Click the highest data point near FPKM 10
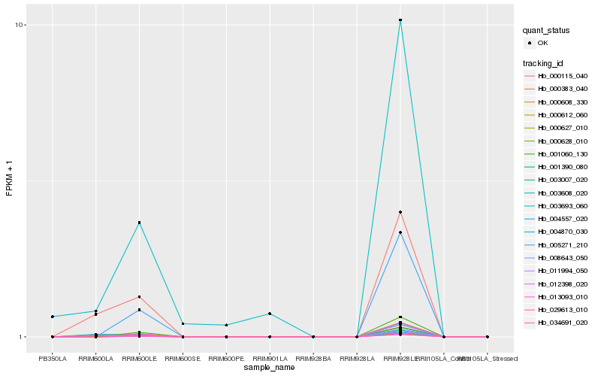pyautogui.click(x=400, y=20)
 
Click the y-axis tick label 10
pyautogui.click(x=21, y=25)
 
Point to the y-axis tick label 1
pyautogui.click(x=23, y=337)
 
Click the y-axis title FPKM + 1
pyautogui.click(x=9, y=180)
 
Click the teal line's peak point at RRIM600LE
pyautogui.click(x=139, y=223)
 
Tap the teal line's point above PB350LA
pyautogui.click(x=53, y=317)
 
